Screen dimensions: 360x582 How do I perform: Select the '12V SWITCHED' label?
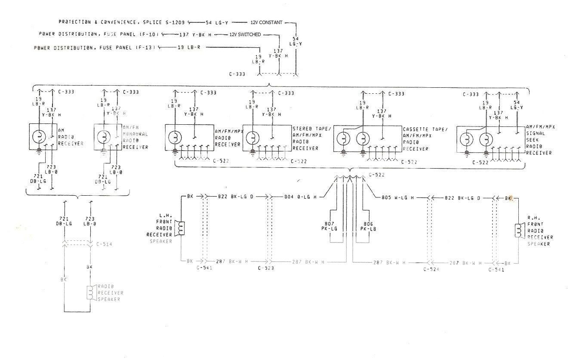(244, 34)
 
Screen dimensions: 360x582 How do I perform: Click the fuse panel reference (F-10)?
(149, 34)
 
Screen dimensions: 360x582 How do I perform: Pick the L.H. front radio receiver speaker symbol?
(181, 228)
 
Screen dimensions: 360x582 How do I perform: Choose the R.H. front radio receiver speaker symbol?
(518, 231)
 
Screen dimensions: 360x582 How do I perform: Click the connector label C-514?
(105, 244)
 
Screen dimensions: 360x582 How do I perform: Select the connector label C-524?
(431, 269)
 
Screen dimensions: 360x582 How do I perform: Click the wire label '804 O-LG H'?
(300, 197)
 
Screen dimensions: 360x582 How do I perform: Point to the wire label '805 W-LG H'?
(398, 197)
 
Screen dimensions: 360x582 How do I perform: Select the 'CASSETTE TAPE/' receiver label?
(425, 129)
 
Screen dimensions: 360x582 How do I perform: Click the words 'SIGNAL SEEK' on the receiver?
(536, 137)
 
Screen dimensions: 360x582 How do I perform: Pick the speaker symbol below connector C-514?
(90, 292)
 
